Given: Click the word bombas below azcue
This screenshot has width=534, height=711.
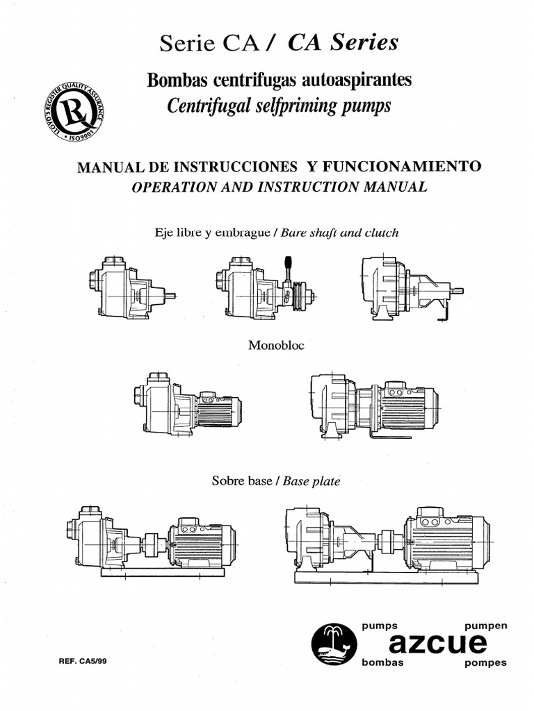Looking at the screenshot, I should (382, 663).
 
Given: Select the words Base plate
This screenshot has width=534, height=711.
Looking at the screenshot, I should (311, 480).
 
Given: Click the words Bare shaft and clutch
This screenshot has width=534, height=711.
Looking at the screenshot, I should (339, 233).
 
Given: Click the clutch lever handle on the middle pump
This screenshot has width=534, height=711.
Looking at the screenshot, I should (285, 267).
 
